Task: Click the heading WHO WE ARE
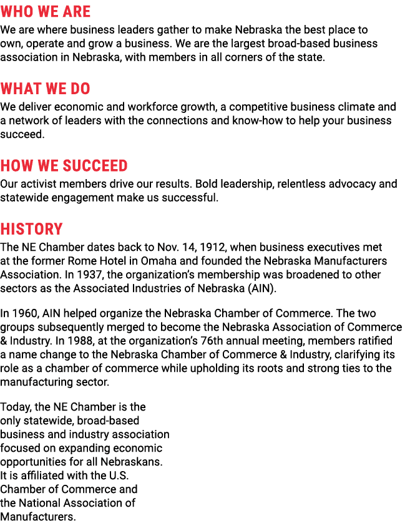46,11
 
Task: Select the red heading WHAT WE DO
46,89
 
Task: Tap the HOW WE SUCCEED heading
64,165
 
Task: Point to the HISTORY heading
32,229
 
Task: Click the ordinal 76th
213,341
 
